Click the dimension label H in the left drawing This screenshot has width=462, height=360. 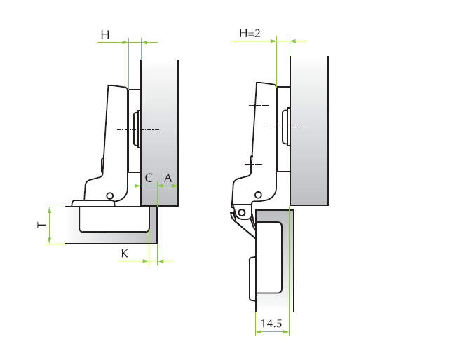coord(105,35)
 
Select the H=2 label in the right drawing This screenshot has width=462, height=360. coord(250,33)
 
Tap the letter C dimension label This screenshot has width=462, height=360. coord(149,178)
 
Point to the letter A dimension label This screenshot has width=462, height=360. coord(168,178)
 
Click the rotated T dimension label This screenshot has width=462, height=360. coord(42,226)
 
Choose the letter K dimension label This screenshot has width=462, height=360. coord(125,253)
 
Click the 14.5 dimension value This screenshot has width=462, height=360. coord(271,323)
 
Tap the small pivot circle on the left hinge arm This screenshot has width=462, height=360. coord(109,195)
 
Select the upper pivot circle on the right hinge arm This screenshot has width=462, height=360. coord(258,195)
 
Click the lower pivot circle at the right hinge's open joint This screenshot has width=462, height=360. coord(242,212)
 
